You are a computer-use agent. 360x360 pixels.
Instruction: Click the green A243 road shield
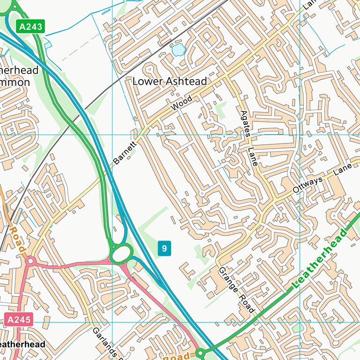coord(31,27)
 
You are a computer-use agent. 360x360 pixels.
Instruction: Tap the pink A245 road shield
coord(19,321)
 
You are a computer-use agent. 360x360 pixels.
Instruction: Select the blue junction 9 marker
coord(164,248)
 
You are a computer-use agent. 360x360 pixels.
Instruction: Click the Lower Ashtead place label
coord(169,81)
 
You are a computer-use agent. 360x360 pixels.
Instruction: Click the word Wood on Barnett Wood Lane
coord(181,104)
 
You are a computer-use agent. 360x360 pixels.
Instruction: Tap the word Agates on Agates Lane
coord(245,124)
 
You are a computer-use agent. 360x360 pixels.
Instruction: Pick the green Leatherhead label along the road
coord(319,258)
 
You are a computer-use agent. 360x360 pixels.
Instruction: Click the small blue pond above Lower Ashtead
coord(178,49)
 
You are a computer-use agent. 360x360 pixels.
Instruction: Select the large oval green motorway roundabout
coord(121,255)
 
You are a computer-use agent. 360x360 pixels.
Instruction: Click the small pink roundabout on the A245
coord(30,261)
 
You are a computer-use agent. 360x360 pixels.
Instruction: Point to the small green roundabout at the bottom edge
coord(200,352)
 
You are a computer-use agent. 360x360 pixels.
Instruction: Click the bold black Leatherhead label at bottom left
coord(22,345)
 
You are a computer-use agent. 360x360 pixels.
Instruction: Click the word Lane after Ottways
coord(343,170)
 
